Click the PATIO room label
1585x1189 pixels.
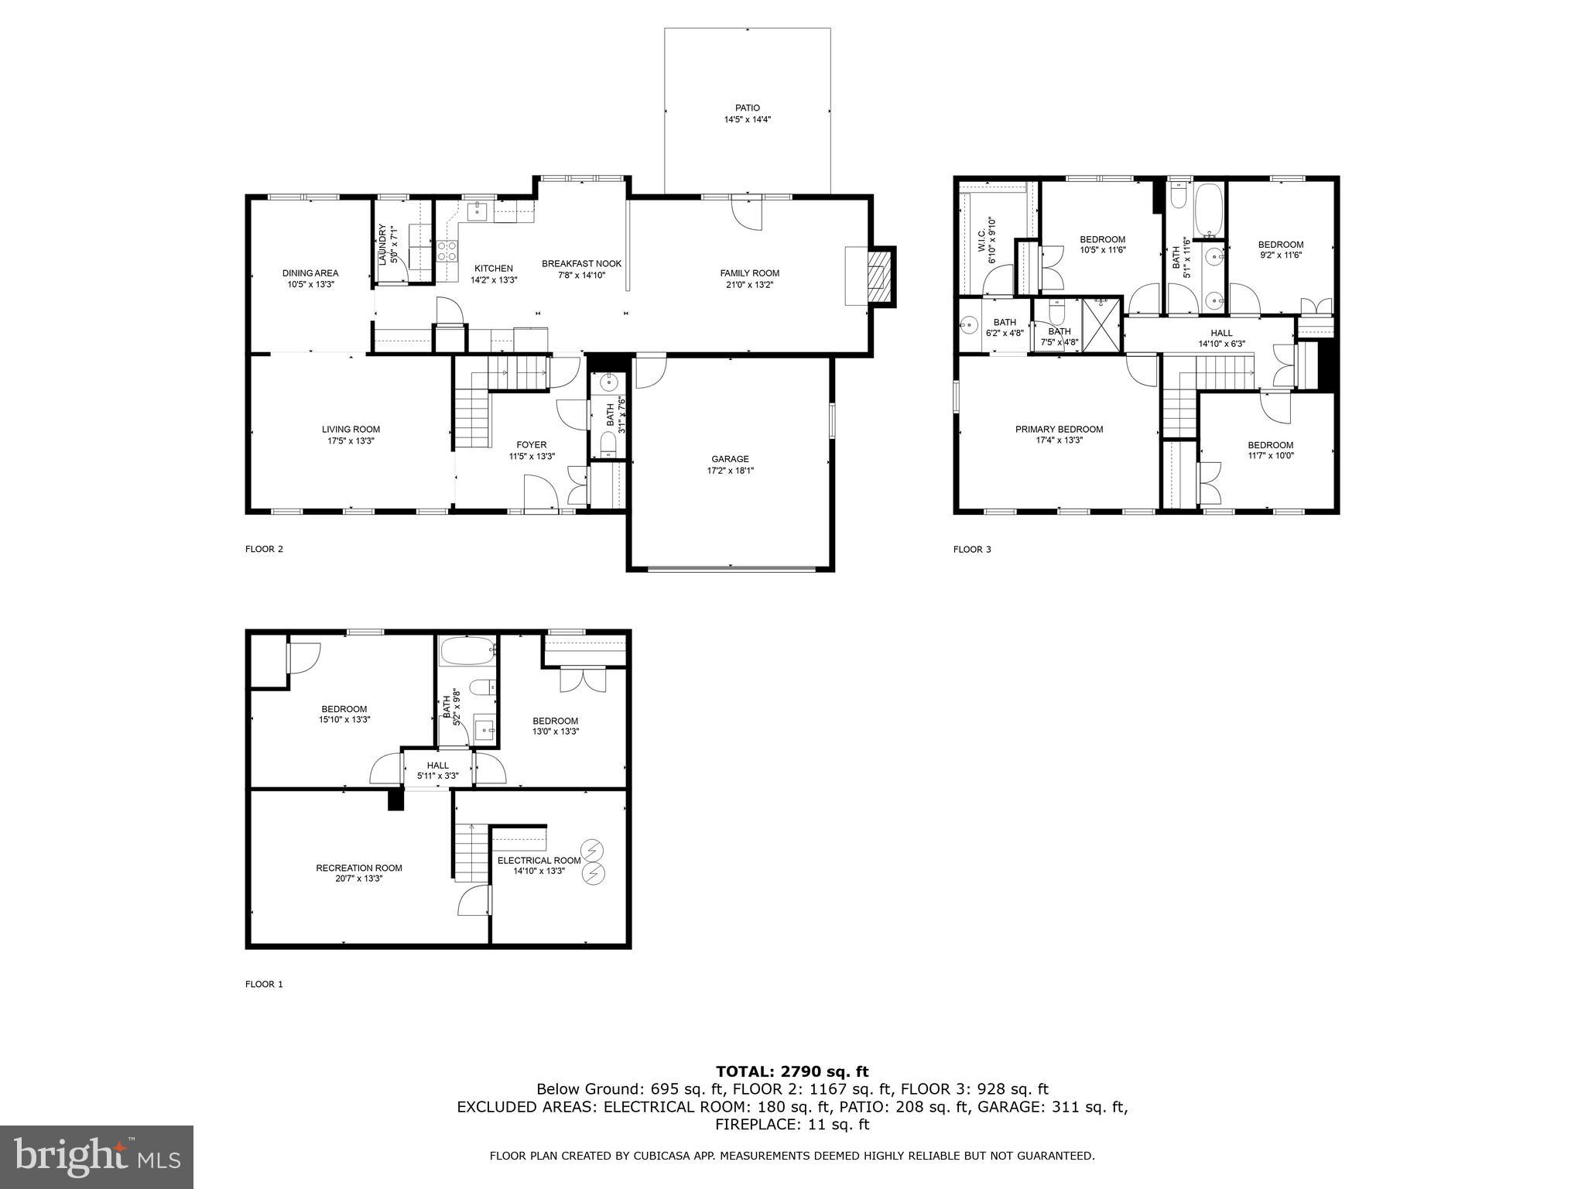coord(748,108)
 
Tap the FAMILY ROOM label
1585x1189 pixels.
coord(749,273)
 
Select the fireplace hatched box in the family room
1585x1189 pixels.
coord(878,278)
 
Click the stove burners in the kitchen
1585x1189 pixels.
coord(447,251)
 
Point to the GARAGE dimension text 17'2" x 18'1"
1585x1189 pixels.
coord(730,471)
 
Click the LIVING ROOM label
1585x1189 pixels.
coord(351,430)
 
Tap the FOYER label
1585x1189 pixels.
coord(532,445)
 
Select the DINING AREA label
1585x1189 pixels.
coord(310,273)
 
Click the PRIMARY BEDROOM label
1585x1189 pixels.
coord(1060,430)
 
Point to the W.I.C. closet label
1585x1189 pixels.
coord(982,235)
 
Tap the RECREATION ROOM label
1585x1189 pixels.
coord(359,868)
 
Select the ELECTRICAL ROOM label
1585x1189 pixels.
coord(539,860)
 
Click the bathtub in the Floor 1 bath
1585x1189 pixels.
coord(467,652)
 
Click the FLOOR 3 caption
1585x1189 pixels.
coord(972,550)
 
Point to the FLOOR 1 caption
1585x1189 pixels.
coord(264,985)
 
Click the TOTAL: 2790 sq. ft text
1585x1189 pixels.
coord(792,1072)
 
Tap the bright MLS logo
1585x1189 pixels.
coord(97,1157)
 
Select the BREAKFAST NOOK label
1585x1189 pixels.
coord(582,264)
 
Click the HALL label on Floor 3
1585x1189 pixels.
coord(1222,334)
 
